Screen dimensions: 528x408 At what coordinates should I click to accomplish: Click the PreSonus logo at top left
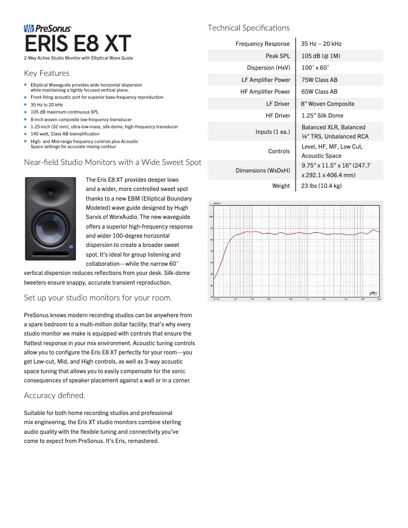coord(48,30)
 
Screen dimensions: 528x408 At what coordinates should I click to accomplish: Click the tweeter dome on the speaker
coord(52,193)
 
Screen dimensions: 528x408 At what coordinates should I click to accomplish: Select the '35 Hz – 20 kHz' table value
coord(321,44)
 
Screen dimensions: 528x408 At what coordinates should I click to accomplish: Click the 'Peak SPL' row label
coord(277,56)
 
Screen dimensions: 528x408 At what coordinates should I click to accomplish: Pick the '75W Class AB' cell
coord(319,80)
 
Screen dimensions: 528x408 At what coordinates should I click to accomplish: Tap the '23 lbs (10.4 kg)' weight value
coord(321,186)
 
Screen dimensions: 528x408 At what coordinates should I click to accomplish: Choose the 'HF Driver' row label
coord(278,116)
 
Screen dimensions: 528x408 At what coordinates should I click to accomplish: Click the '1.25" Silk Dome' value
coord(322,116)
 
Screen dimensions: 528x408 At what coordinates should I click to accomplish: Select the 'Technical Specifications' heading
coord(248,28)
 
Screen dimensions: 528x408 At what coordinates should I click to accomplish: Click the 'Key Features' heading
coord(47,73)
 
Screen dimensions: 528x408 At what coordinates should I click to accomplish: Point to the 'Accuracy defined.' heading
coord(54,395)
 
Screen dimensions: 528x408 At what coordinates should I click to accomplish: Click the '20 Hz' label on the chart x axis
coord(216,299)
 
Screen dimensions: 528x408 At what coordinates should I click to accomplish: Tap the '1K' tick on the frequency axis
coord(307,299)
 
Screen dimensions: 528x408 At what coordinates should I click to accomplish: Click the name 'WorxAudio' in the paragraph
coord(120,217)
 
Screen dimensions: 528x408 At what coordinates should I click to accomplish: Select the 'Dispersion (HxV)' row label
coord(268,68)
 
